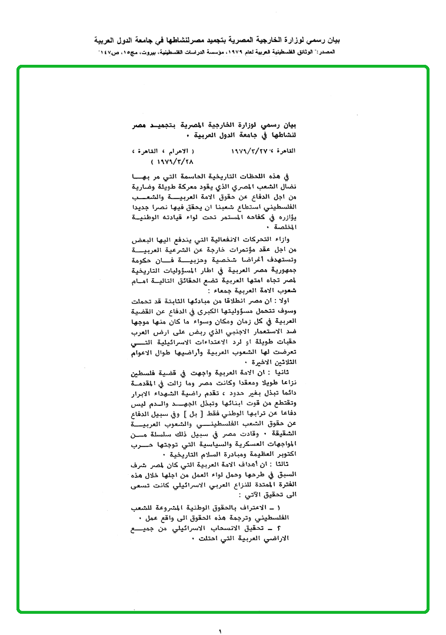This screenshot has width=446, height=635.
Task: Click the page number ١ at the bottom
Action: [220, 630]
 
